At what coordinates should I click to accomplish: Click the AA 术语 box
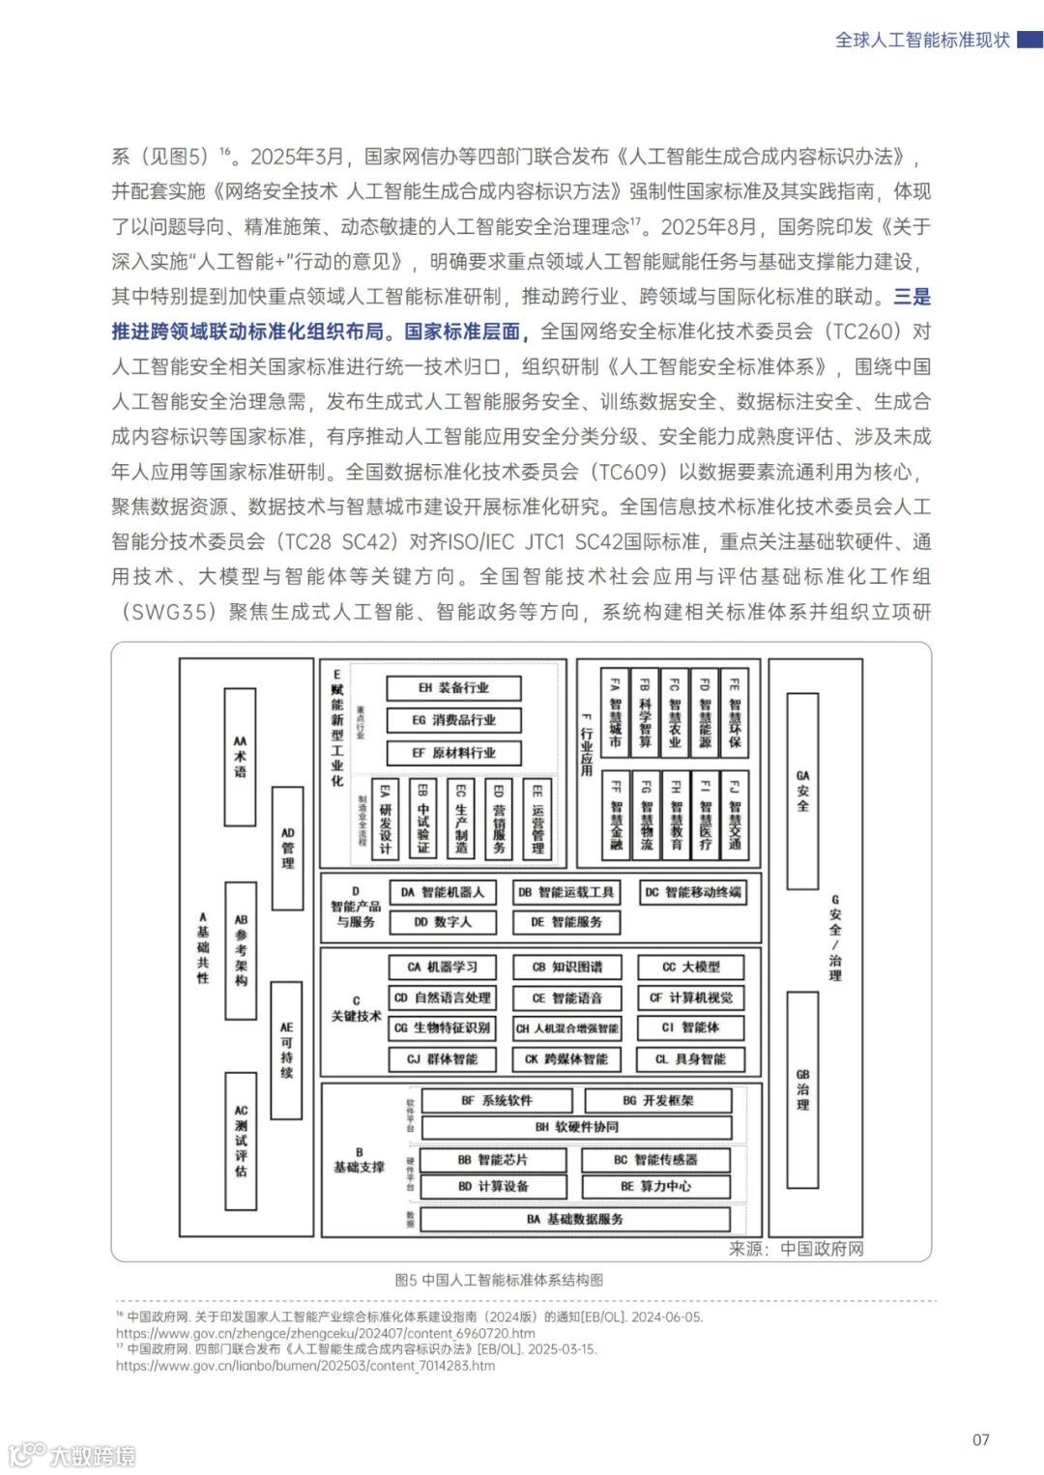(240, 756)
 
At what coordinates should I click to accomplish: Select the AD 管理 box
(287, 848)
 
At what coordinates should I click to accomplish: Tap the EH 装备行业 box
(453, 688)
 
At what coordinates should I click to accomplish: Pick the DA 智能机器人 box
(443, 892)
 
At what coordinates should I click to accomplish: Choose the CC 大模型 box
(690, 967)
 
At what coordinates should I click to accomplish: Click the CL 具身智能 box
(690, 1058)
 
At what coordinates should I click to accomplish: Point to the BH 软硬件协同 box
(576, 1127)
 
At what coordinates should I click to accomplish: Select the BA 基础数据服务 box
(575, 1219)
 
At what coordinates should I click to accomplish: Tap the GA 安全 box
(802, 791)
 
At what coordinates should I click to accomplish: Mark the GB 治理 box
(802, 1089)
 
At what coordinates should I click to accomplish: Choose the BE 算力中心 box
(655, 1186)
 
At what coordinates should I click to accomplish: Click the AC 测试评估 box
(241, 1141)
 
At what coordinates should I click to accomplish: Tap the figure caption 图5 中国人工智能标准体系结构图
(499, 1280)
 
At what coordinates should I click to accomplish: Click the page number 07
(980, 1439)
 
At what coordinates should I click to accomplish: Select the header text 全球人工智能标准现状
(922, 40)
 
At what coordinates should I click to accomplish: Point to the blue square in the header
(1030, 40)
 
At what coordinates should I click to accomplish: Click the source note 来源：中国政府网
(796, 1249)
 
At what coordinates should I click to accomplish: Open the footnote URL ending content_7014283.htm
(305, 1366)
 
